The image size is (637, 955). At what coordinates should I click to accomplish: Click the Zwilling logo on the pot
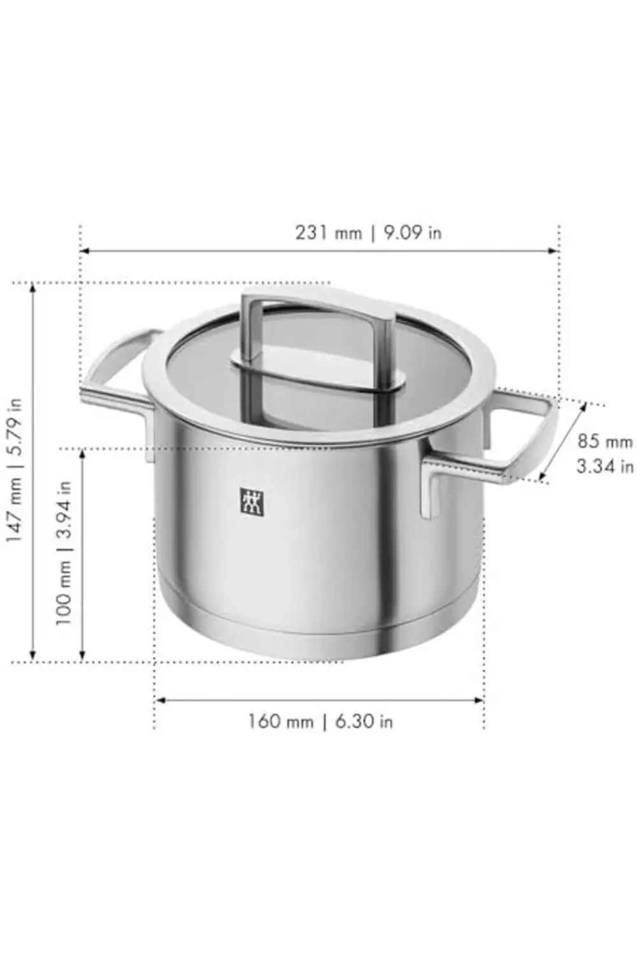[253, 502]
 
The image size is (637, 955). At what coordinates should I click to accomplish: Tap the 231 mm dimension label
[329, 233]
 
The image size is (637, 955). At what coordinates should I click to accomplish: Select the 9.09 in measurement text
[412, 233]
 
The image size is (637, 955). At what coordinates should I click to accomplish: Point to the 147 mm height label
[14, 509]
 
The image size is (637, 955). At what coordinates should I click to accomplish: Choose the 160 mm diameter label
[281, 722]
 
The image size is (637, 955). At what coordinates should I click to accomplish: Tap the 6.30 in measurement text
[364, 722]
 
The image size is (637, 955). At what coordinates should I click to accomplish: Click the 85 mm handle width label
[605, 441]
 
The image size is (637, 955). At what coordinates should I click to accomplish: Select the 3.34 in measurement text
[605, 467]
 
